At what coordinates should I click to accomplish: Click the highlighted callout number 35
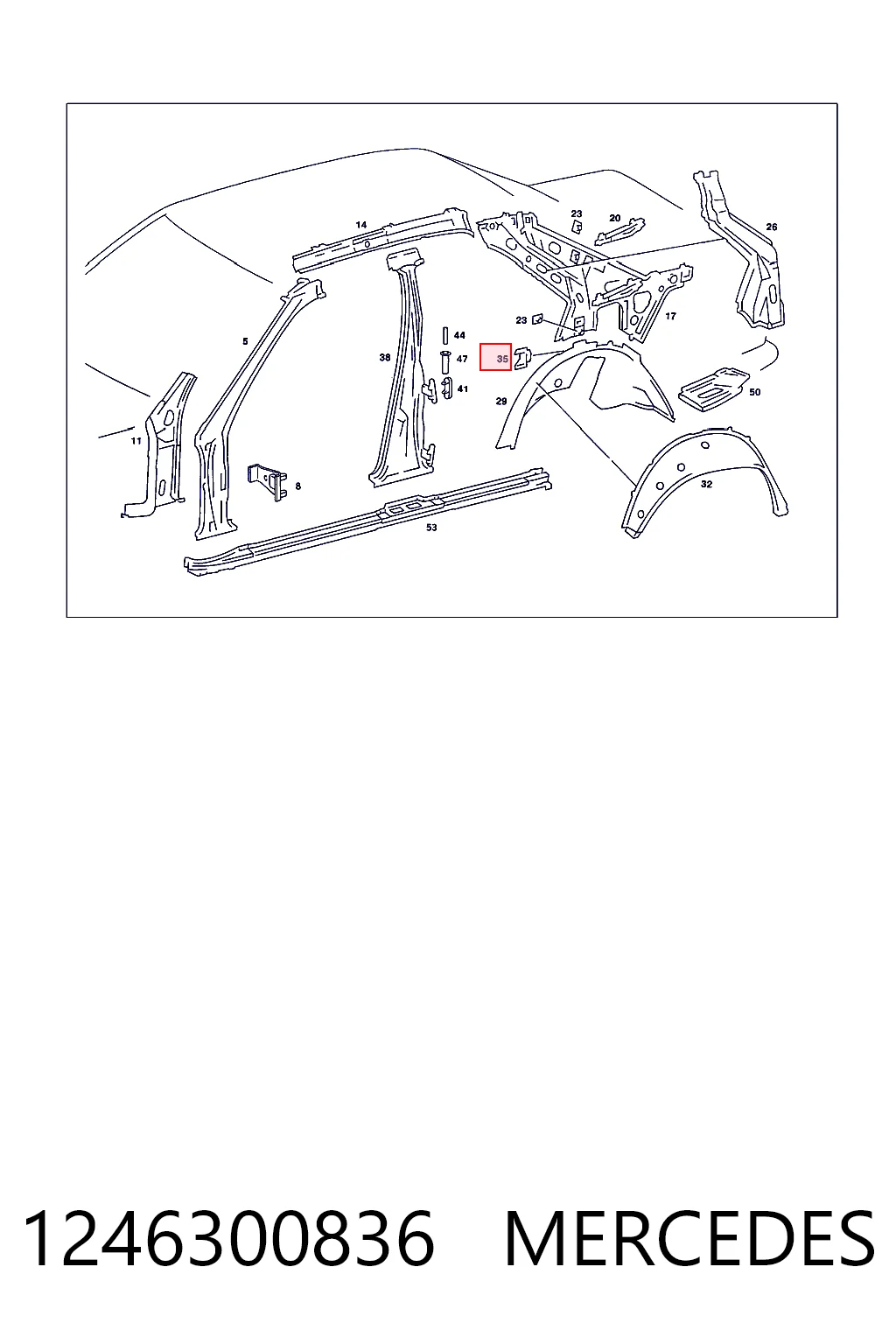(x=501, y=359)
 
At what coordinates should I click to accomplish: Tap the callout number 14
(x=360, y=225)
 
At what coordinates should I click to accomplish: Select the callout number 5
(x=245, y=341)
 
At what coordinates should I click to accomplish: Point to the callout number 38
(x=385, y=358)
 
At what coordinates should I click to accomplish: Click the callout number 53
(x=430, y=528)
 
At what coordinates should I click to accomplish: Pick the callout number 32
(x=706, y=484)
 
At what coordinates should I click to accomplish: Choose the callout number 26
(x=771, y=227)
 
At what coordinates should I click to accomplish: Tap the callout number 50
(x=754, y=392)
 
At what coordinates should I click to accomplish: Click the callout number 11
(x=136, y=441)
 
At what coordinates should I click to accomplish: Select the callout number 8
(x=297, y=486)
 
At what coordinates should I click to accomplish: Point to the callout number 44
(x=459, y=335)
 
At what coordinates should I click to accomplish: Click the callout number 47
(x=461, y=359)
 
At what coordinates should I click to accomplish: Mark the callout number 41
(x=462, y=388)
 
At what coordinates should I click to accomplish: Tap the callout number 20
(x=614, y=219)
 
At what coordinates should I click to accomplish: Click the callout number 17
(x=670, y=316)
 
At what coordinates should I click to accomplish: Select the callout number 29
(x=501, y=402)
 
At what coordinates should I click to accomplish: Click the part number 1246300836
(x=228, y=1240)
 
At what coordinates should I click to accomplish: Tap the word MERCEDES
(x=689, y=1240)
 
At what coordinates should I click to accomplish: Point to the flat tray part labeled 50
(x=713, y=390)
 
